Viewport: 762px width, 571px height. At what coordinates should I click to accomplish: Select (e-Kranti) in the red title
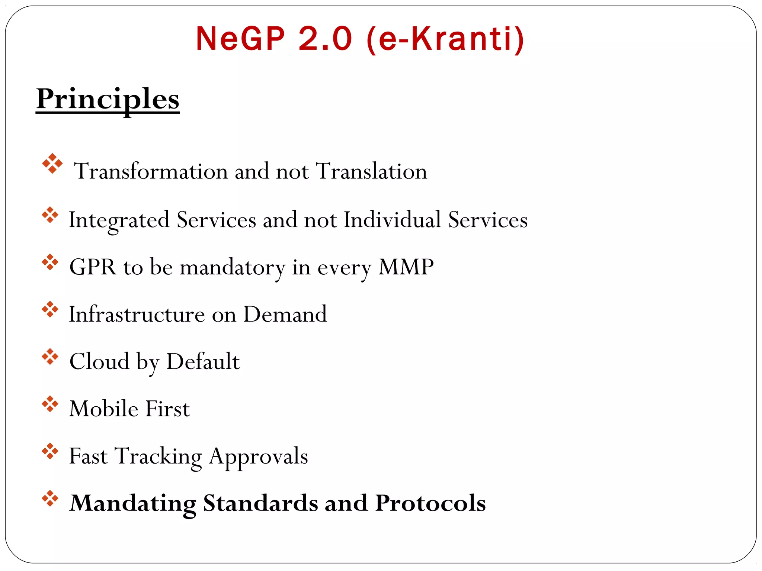[x=445, y=39]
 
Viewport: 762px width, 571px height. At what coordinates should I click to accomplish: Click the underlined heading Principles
[x=108, y=99]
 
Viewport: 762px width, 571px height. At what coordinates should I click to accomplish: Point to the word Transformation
[x=151, y=171]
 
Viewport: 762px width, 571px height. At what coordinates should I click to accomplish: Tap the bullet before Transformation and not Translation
[x=52, y=164]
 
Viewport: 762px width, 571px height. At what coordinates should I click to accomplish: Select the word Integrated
[x=119, y=220]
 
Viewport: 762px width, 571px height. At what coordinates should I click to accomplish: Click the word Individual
[x=392, y=220]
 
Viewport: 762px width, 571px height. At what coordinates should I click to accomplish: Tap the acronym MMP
[x=406, y=267]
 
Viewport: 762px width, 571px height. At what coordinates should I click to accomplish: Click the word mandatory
[x=232, y=268]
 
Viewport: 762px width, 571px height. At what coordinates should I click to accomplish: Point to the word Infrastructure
[x=137, y=314]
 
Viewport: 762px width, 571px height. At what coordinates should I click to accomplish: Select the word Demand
[x=285, y=314]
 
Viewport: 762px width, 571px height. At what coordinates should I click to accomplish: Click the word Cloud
[x=99, y=361]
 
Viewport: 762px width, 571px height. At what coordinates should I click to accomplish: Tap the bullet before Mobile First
[x=50, y=404]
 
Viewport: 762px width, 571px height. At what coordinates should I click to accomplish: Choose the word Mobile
[x=104, y=409]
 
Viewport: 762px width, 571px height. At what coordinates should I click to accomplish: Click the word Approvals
[x=258, y=457]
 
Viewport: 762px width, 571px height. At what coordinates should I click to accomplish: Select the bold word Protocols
[x=430, y=503]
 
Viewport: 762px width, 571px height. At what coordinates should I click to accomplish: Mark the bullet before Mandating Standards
[x=50, y=499]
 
